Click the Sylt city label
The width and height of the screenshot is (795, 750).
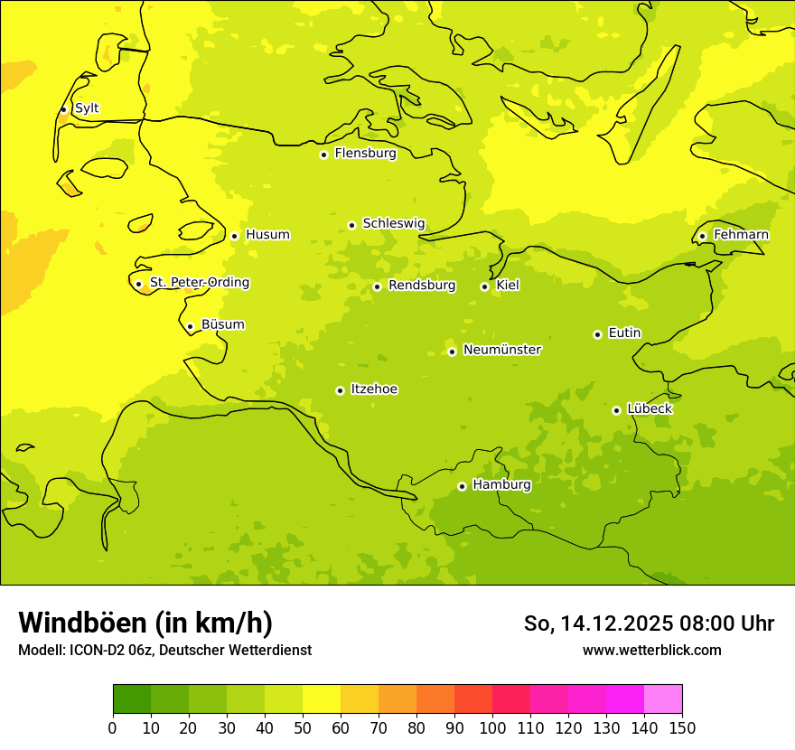click(87, 108)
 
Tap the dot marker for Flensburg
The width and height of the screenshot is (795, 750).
click(323, 155)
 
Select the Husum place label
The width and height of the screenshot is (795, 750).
click(267, 235)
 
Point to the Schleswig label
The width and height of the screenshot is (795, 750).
click(393, 223)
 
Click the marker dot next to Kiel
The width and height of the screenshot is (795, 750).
click(484, 286)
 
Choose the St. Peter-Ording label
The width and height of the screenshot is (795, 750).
click(199, 283)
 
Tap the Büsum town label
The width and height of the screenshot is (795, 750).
click(222, 324)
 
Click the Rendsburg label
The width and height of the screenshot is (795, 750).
click(421, 286)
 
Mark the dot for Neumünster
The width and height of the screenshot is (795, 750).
click(452, 352)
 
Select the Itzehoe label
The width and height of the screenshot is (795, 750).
click(374, 389)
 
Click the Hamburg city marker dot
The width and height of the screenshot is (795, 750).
click(462, 486)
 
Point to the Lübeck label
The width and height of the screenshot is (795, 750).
click(649, 408)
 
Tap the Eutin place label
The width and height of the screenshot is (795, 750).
click(624, 333)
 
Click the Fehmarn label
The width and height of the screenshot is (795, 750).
click(741, 235)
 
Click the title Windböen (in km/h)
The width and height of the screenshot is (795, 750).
click(145, 623)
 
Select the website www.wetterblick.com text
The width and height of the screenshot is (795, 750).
click(651, 650)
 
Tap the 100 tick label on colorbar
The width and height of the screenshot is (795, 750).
click(492, 727)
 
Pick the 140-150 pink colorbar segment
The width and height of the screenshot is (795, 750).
click(663, 699)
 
